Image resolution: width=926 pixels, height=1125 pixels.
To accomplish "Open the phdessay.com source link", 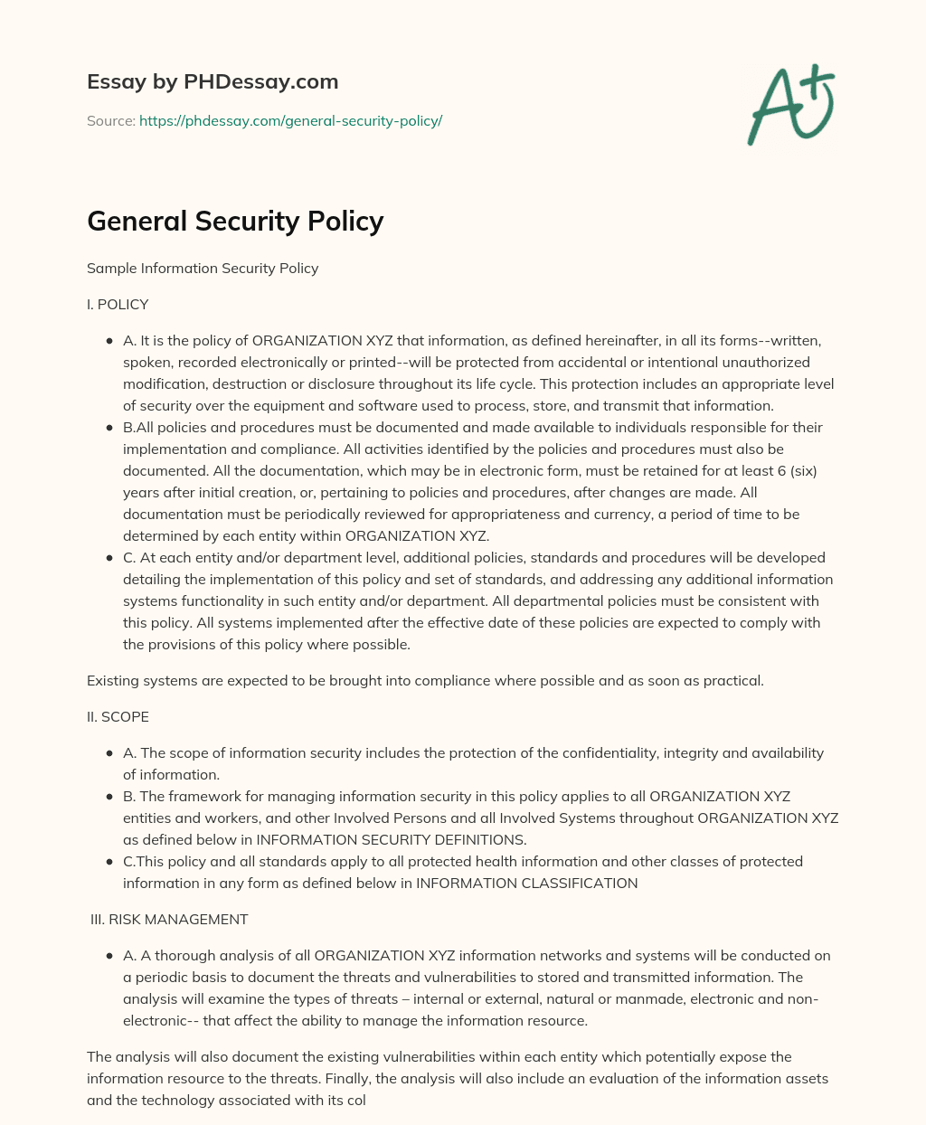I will click(x=290, y=120).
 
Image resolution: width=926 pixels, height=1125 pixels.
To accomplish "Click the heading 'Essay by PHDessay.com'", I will click(x=213, y=81).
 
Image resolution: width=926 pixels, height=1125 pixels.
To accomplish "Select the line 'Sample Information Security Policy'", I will click(x=203, y=269).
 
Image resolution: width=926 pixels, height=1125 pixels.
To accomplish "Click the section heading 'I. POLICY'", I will click(x=118, y=305).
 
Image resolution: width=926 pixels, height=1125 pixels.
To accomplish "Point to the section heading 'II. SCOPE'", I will click(x=118, y=717).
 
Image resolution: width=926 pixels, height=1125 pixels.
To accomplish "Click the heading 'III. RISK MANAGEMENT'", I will click(x=169, y=920).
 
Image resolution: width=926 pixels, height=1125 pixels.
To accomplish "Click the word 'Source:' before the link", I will click(x=110, y=120).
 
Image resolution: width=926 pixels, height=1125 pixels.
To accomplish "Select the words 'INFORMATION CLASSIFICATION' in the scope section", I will click(x=526, y=884).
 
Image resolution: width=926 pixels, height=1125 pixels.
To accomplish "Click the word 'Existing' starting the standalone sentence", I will click(x=113, y=681).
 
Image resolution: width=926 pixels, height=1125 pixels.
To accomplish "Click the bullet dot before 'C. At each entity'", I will click(x=109, y=558).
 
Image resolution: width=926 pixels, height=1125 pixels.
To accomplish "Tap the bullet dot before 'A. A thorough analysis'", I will click(x=109, y=956).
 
